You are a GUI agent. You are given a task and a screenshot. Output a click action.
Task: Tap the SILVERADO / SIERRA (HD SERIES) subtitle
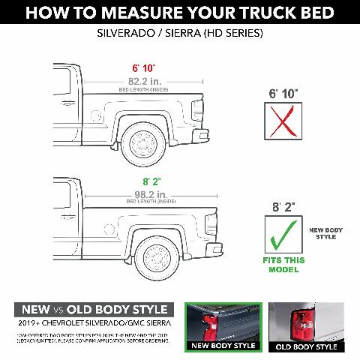pyautogui.click(x=180, y=34)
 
